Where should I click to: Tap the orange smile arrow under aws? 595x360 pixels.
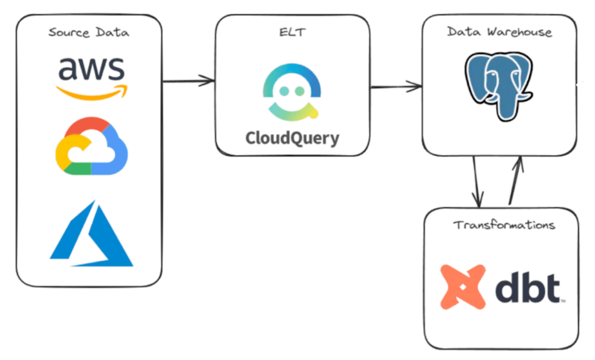point(91,93)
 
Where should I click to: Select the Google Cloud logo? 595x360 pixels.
point(91,146)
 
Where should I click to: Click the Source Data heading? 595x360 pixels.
point(89,33)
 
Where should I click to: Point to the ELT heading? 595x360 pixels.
point(292,32)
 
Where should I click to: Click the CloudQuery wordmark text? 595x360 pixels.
point(292,138)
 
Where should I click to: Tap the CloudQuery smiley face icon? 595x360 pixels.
point(292,92)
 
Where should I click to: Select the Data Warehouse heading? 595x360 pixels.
point(499,32)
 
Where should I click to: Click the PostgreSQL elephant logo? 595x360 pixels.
point(499,86)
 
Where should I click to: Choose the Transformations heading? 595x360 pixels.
point(504,225)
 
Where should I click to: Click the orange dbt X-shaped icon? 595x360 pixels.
point(463,287)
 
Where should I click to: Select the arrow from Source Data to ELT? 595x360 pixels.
point(188,81)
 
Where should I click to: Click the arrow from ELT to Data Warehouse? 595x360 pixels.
point(396,87)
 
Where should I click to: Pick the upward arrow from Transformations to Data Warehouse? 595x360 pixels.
point(516,180)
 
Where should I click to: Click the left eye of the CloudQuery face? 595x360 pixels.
point(284,91)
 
